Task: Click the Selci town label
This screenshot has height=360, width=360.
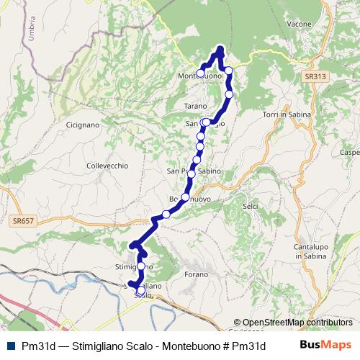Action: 251,207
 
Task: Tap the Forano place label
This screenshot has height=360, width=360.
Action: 196,274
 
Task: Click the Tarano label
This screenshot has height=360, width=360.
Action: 195,106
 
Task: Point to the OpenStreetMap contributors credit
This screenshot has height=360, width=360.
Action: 297,323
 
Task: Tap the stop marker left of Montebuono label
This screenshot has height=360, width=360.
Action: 200,73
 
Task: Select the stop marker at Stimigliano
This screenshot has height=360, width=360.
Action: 140,266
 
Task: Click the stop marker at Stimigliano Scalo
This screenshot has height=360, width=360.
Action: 131,284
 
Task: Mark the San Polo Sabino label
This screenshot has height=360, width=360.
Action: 194,171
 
